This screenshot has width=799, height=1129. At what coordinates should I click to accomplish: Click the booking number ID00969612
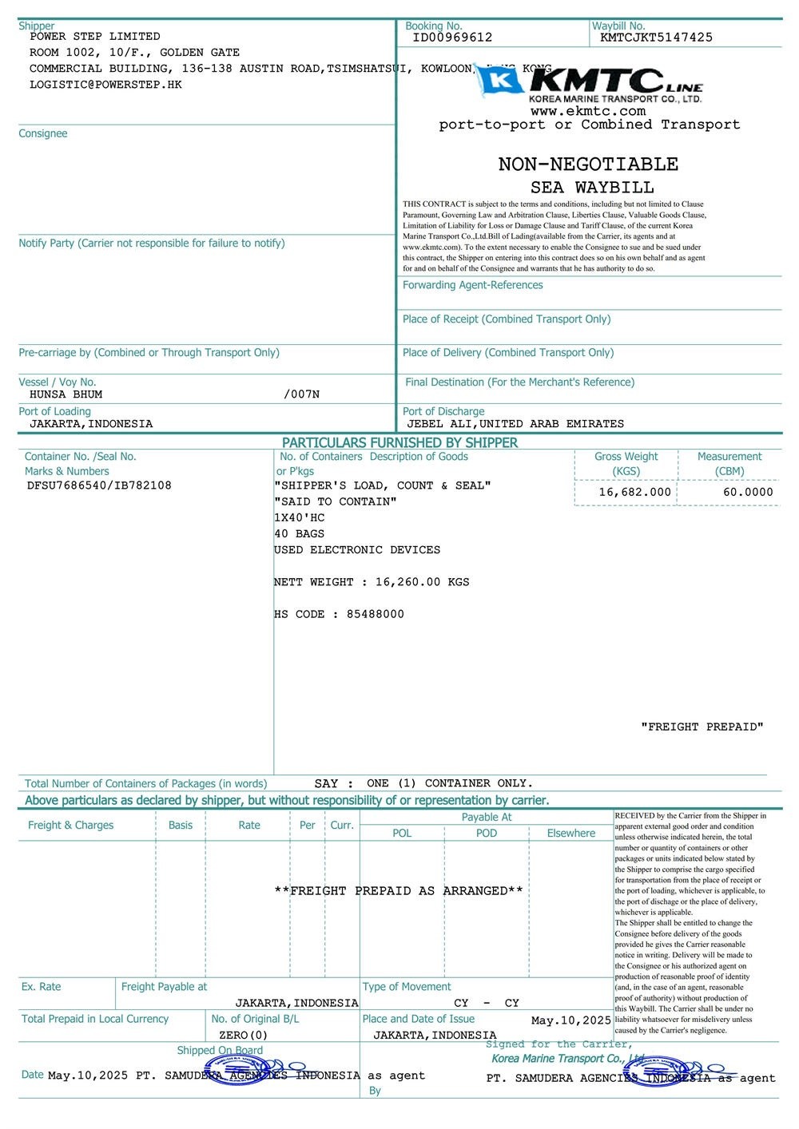pyautogui.click(x=452, y=38)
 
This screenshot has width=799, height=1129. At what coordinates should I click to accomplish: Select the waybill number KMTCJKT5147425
pyautogui.click(x=656, y=38)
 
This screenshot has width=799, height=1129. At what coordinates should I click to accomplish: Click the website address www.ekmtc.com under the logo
pyautogui.click(x=587, y=112)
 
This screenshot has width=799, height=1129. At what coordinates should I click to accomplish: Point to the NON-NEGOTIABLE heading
pyautogui.click(x=588, y=164)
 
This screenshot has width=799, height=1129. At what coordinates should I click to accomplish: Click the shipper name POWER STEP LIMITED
pyautogui.click(x=94, y=37)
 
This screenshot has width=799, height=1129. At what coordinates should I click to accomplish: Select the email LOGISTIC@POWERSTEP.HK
pyautogui.click(x=105, y=85)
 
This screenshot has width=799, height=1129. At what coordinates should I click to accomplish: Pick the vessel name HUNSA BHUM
pyautogui.click(x=66, y=394)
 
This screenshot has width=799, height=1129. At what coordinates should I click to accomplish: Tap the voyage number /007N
pyautogui.click(x=301, y=394)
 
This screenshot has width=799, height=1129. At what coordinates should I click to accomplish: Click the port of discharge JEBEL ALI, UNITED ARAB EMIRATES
pyautogui.click(x=515, y=424)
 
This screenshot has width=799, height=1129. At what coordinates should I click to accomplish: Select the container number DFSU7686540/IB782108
pyautogui.click(x=99, y=485)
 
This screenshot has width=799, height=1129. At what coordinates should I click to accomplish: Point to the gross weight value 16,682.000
pyautogui.click(x=635, y=493)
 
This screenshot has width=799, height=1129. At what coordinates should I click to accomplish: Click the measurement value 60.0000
pyautogui.click(x=748, y=493)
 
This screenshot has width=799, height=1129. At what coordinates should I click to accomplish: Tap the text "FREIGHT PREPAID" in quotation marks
pyautogui.click(x=702, y=727)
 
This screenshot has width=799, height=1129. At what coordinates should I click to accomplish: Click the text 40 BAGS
pyautogui.click(x=299, y=534)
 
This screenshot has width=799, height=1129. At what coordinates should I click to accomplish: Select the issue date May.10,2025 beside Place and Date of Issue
pyautogui.click(x=571, y=1020)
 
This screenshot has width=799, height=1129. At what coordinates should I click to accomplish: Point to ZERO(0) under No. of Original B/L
pyautogui.click(x=243, y=1036)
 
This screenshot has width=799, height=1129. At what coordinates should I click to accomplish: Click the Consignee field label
pyautogui.click(x=43, y=133)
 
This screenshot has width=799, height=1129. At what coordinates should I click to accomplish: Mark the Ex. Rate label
pyautogui.click(x=41, y=987)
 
